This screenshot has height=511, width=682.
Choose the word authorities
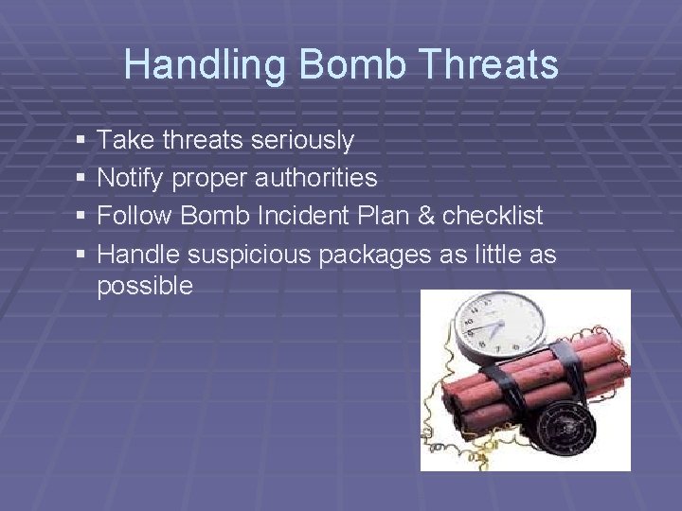pos(315,178)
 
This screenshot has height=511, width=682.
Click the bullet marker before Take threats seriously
pos(80,141)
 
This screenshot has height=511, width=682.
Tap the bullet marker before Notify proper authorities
pos(80,178)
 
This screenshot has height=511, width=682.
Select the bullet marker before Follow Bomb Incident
pos(80,216)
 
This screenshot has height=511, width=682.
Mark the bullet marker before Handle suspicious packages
pos(80,254)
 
